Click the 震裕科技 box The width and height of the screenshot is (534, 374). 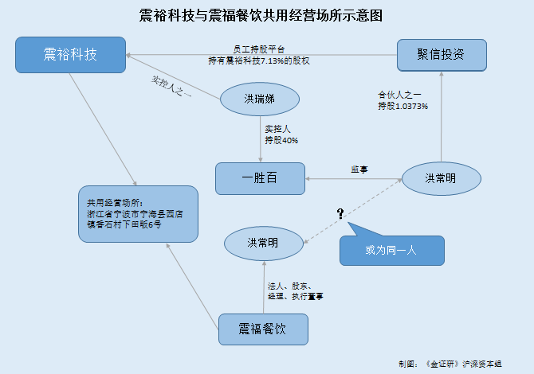[x=70, y=55]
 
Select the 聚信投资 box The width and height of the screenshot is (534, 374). [x=442, y=55]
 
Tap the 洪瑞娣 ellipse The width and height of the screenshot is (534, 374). [x=260, y=99]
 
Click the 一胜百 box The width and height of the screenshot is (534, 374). [x=260, y=178]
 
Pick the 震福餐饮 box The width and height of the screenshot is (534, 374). [x=263, y=329]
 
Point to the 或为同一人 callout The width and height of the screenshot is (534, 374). [x=391, y=245]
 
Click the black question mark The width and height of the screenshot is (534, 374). [x=340, y=213]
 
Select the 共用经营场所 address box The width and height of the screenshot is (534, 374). [x=138, y=214]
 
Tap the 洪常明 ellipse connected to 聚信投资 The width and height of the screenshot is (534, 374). [x=442, y=178]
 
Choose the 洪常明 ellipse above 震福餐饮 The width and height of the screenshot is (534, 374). [x=264, y=243]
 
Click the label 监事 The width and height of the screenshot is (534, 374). [x=359, y=169]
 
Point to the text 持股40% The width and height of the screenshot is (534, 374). [x=281, y=140]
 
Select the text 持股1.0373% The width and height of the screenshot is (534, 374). [x=402, y=106]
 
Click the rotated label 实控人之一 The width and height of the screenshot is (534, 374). [x=171, y=87]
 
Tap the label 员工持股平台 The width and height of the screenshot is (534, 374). [x=259, y=49]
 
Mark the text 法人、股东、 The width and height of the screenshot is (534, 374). [x=289, y=286]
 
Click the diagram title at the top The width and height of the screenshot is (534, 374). [x=261, y=16]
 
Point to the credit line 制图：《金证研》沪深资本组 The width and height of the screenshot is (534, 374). [x=450, y=364]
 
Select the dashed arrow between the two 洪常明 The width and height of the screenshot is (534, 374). [x=352, y=211]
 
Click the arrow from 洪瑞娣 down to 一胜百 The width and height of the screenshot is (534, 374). [x=261, y=139]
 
